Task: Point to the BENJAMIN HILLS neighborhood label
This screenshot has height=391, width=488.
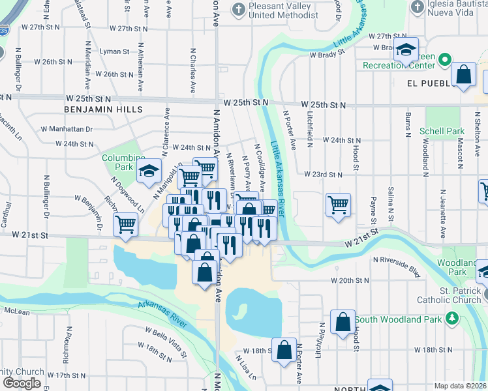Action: tap(104, 110)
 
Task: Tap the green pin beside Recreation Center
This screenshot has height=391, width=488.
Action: tap(446, 60)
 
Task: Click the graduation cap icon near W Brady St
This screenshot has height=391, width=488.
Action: tap(406, 50)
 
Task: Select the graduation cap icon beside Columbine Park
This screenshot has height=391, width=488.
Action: tap(149, 171)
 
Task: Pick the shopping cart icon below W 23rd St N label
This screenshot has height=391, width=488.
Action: tap(338, 205)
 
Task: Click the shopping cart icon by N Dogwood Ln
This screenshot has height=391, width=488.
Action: tap(125, 224)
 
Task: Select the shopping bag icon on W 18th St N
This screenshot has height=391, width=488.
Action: tap(284, 349)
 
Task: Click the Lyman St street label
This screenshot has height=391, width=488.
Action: tap(114, 51)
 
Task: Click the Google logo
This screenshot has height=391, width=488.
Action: tap(22, 383)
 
